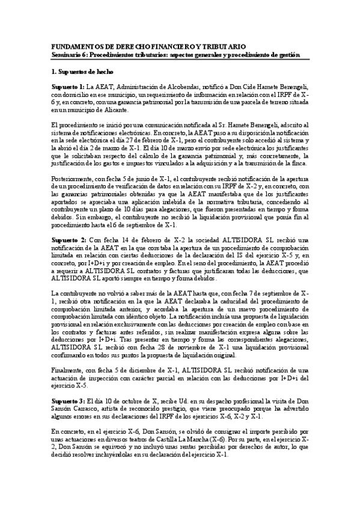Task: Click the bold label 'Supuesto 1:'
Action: pos(68,87)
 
